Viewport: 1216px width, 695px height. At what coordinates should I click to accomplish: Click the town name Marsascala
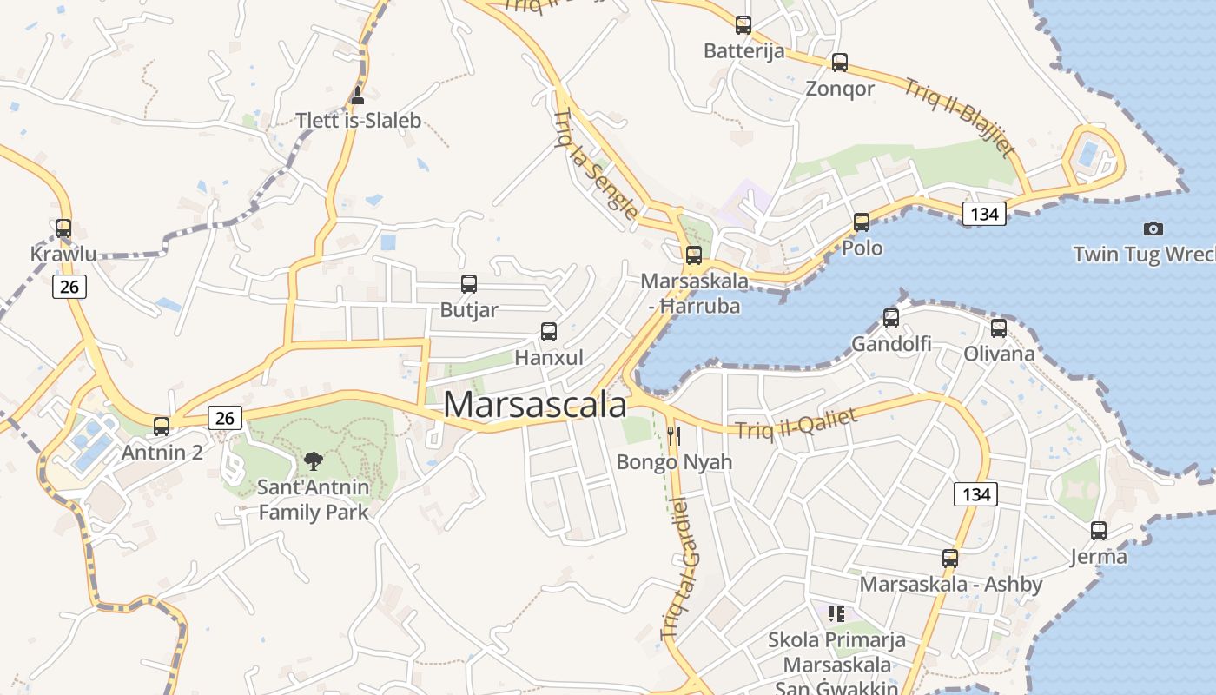(x=535, y=405)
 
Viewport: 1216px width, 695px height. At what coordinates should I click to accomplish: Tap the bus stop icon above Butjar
(x=469, y=284)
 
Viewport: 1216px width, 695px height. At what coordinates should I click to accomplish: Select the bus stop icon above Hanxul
(x=549, y=332)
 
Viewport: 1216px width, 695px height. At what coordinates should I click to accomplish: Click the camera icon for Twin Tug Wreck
(x=1153, y=229)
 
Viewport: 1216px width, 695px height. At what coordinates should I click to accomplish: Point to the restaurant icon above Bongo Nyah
(x=674, y=436)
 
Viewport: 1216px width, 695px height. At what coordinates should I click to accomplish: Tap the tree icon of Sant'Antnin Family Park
(x=314, y=461)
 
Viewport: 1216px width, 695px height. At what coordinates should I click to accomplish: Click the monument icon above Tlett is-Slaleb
(x=357, y=96)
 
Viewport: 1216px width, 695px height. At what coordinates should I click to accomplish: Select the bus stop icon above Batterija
(x=743, y=25)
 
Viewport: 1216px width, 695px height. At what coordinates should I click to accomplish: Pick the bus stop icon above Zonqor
(x=839, y=63)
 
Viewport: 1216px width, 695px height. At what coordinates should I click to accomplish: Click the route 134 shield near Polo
(x=984, y=214)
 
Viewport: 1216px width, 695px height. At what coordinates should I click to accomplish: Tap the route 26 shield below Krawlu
(x=69, y=287)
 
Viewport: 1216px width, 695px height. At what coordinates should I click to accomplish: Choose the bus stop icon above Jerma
(x=1099, y=531)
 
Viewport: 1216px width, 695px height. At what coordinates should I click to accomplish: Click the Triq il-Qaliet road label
(x=796, y=424)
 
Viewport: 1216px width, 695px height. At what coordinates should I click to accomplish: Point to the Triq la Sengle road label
(x=596, y=164)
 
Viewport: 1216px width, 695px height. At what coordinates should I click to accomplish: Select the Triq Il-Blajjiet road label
(x=959, y=117)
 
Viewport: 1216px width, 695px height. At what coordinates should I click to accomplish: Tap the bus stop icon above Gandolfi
(x=891, y=318)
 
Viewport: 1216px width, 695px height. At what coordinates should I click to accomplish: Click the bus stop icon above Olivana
(x=999, y=328)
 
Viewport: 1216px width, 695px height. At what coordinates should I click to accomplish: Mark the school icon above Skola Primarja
(x=836, y=615)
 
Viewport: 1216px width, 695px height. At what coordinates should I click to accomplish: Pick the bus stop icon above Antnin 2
(x=162, y=427)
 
